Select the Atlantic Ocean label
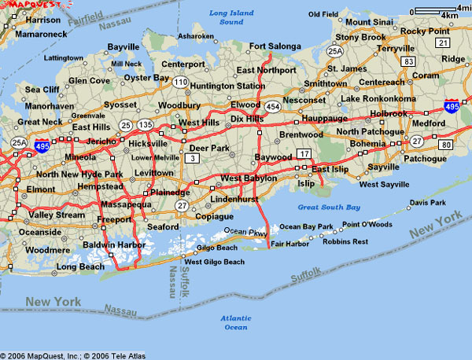click(234, 322)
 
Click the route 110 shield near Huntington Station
click(181, 82)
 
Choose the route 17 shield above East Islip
click(304, 152)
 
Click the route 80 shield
click(444, 145)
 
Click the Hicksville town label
click(147, 144)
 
